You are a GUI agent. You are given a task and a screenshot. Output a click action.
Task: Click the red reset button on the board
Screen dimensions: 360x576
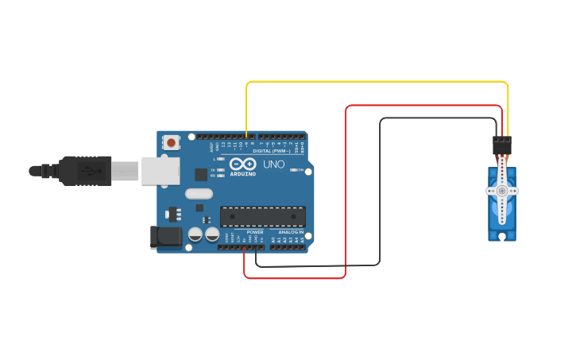pos(171,143)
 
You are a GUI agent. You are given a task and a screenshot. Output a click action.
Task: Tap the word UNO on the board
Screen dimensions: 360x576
pos(273,165)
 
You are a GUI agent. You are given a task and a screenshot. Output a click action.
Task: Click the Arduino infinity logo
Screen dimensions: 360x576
pos(242,163)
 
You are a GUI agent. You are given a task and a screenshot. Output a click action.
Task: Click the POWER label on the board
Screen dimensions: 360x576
pos(254,232)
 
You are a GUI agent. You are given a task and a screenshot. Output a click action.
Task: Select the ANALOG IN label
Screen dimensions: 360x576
pos(291,232)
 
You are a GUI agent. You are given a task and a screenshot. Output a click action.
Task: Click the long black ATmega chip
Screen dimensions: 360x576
pos(263,216)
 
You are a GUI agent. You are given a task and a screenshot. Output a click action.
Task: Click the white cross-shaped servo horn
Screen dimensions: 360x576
pos(502,191)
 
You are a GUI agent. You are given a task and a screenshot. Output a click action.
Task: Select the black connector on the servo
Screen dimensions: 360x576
pos(502,145)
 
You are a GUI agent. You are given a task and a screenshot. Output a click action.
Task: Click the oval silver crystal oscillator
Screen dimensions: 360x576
pos(199,194)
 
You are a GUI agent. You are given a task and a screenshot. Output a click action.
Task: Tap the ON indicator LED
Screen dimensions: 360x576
pos(294,169)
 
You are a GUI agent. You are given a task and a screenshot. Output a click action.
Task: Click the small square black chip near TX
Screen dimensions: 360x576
pos(201,174)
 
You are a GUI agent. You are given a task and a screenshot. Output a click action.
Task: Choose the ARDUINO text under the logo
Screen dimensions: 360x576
pos(242,173)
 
